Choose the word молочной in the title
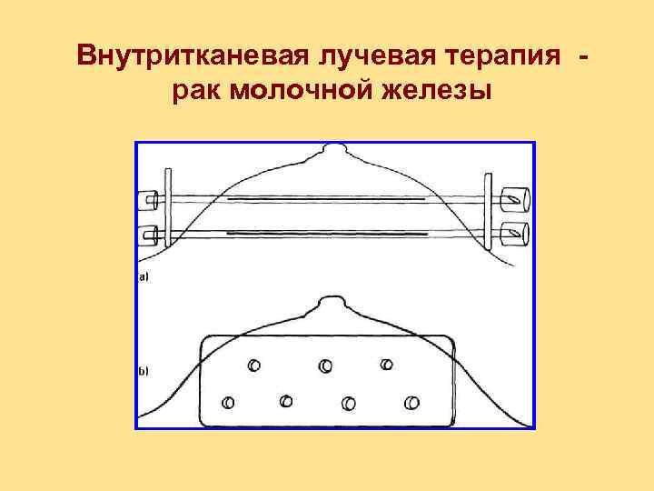[x=302, y=91]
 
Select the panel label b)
[x=144, y=371]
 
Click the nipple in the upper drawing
[x=333, y=147]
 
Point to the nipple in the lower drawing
[x=327, y=301]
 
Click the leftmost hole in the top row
[x=253, y=365]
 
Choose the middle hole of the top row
[x=324, y=366]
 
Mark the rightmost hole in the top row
[x=386, y=364]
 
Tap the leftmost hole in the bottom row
[x=228, y=401]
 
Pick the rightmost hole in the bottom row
[x=412, y=401]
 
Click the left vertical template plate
[x=166, y=208]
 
